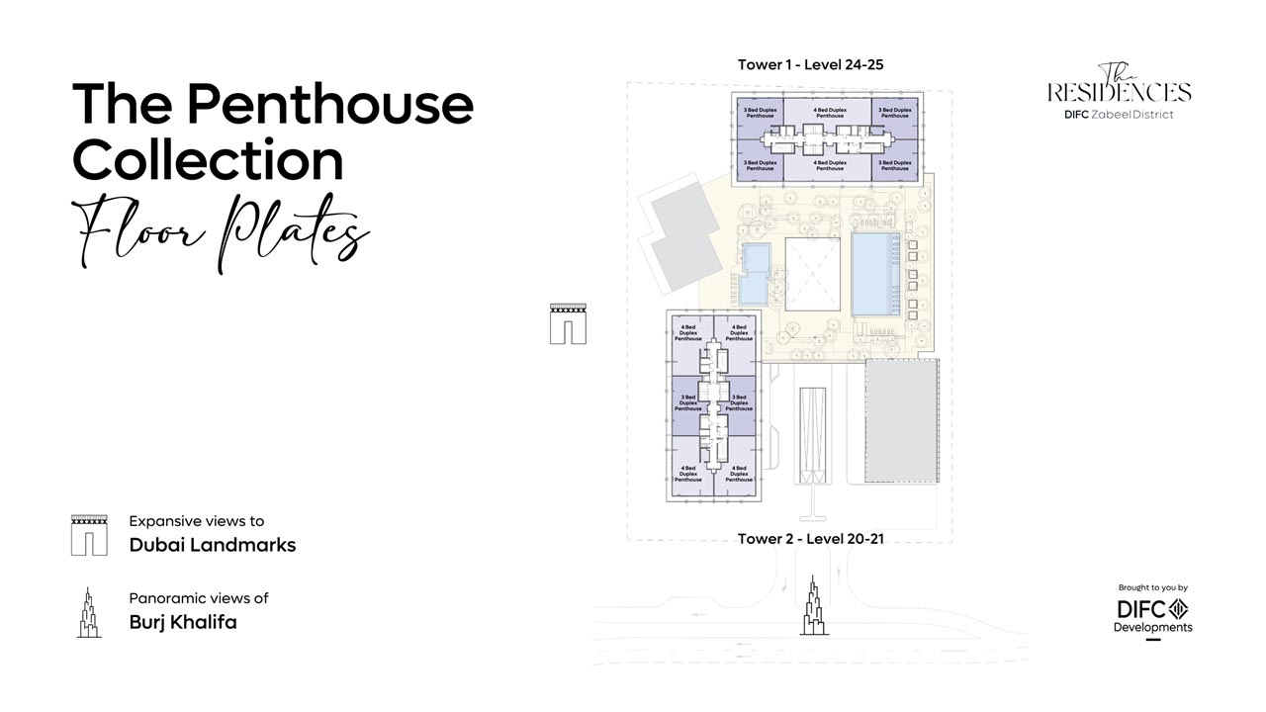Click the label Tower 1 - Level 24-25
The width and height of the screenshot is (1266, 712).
[x=810, y=65]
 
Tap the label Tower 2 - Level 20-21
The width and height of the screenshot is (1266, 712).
[x=810, y=539]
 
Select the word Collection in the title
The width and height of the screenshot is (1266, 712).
[x=208, y=158]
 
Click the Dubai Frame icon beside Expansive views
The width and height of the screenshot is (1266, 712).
[x=89, y=535]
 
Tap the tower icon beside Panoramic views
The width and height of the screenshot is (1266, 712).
[x=89, y=612]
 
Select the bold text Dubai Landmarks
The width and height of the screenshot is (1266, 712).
[x=213, y=545]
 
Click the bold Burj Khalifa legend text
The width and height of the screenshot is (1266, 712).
[x=183, y=623]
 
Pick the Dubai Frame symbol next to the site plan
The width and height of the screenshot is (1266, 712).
[x=568, y=323]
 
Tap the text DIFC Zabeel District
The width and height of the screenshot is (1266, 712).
[x=1119, y=115]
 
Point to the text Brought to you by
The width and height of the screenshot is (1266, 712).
[x=1152, y=587]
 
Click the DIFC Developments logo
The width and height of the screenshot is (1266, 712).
[x=1152, y=615]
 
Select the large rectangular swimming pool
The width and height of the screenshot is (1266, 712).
[x=875, y=274]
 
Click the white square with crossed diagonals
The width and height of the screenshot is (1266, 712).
[x=812, y=276]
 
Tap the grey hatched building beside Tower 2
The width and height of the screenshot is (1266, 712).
[x=902, y=421]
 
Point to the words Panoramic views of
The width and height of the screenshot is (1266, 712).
[x=199, y=598]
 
